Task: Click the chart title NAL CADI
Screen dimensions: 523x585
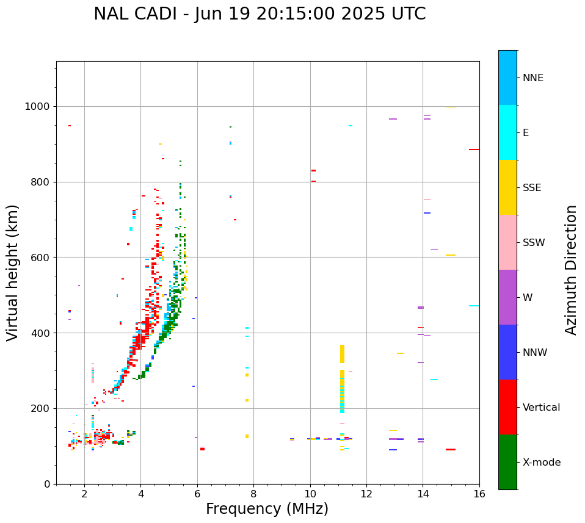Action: point(260,14)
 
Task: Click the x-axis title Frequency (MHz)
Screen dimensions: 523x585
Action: point(267,509)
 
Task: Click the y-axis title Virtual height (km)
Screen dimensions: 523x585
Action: point(13,272)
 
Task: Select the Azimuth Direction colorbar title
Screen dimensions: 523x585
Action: point(571,269)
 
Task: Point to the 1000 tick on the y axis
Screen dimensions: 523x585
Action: point(40,106)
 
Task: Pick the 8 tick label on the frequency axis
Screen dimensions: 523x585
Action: point(253,494)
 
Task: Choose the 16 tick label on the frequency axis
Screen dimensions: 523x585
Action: point(479,494)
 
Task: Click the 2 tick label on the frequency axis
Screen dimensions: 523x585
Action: point(84,494)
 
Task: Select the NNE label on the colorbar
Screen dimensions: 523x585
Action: point(532,78)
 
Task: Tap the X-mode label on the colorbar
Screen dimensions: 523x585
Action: point(541,463)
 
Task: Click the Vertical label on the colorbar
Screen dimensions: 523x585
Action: point(540,408)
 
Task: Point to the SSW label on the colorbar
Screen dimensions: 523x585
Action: point(534,243)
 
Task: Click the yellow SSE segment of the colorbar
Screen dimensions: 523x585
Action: point(507,187)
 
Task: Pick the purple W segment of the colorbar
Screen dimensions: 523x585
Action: point(507,297)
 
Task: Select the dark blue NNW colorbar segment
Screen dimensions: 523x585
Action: point(507,352)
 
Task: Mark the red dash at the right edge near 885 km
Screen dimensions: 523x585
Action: point(474,150)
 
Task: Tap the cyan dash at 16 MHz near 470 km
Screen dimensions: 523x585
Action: point(474,306)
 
